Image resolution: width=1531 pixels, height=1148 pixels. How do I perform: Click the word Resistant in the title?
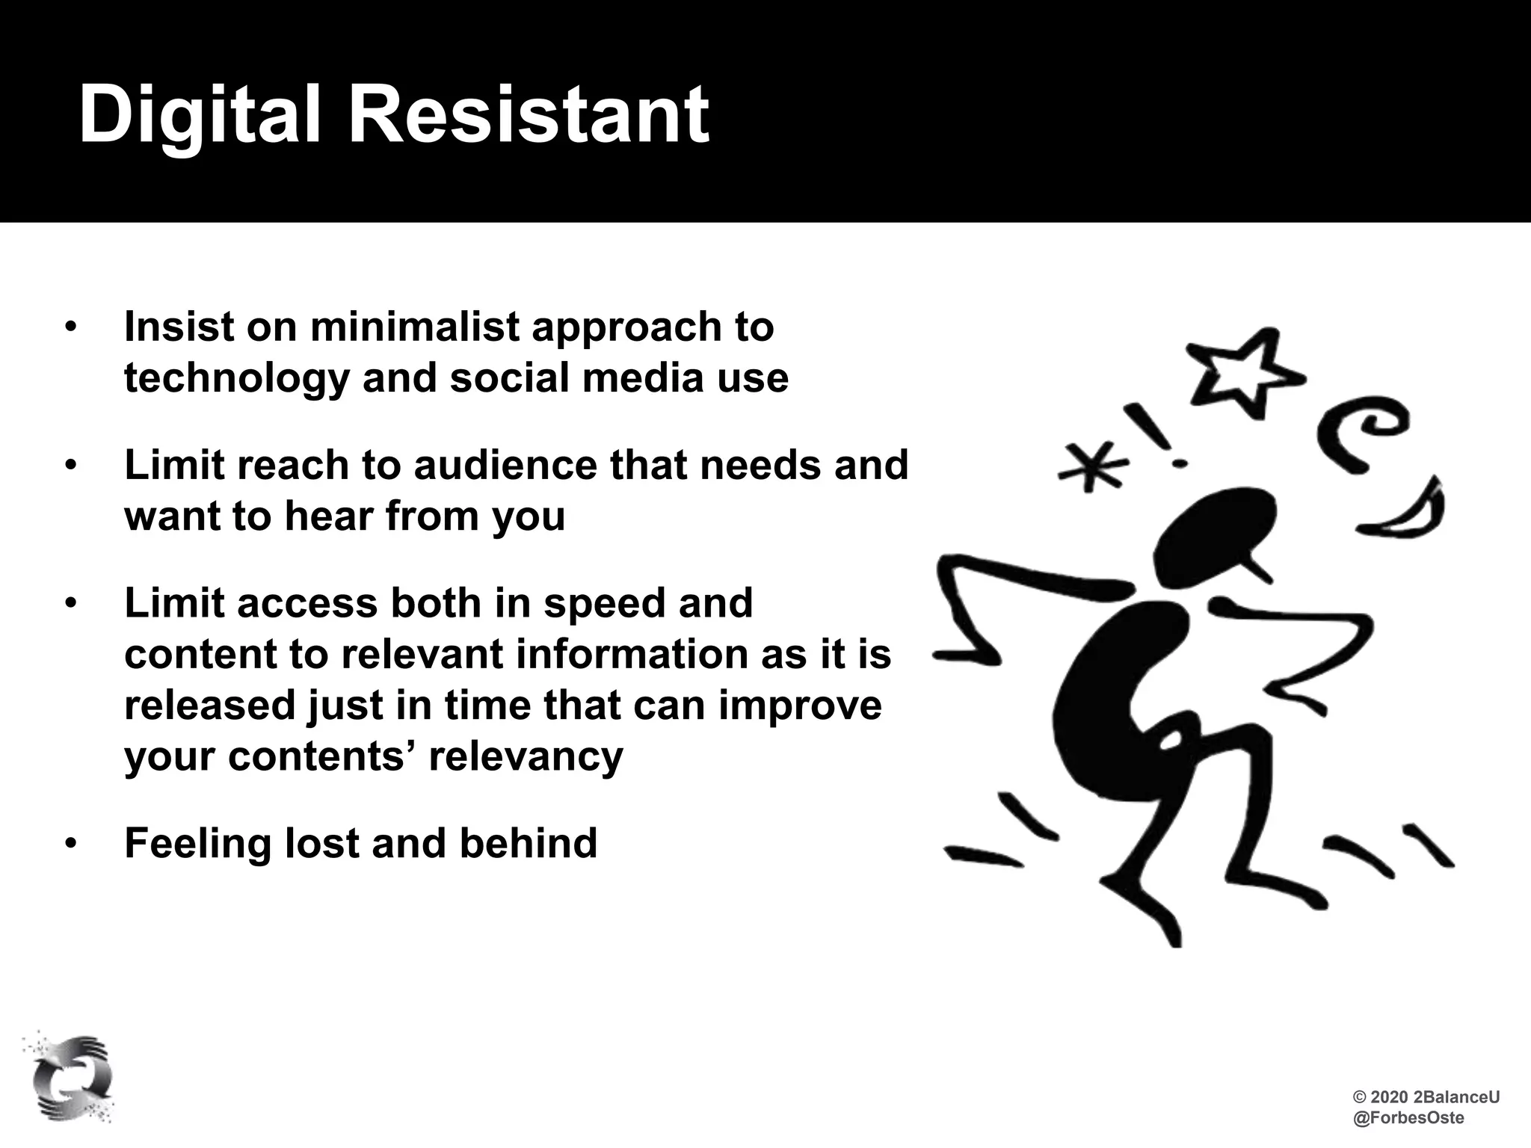pos(529,116)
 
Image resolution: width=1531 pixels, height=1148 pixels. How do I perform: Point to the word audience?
pos(505,465)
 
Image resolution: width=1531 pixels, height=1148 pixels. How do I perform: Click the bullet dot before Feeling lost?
pos(70,844)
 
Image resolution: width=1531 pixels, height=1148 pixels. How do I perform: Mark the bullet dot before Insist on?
pos(70,328)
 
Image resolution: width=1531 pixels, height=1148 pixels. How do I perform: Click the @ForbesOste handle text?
pos(1408,1118)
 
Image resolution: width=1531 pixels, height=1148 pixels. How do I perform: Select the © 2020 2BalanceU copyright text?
pos(1426,1097)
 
